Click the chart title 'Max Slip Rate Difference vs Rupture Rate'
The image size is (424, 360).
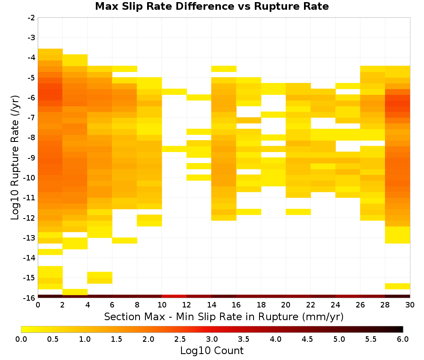pyautogui.click(x=212, y=6)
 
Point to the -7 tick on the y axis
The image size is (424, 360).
pyautogui.click(x=31, y=117)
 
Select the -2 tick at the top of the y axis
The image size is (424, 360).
pyautogui.click(x=31, y=18)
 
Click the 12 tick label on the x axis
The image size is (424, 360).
pyautogui.click(x=187, y=305)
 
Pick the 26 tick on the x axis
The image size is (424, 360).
pyautogui.click(x=360, y=305)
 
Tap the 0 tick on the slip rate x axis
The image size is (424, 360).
pyautogui.click(x=38, y=305)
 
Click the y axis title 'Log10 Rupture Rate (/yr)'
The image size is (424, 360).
pyautogui.click(x=15, y=158)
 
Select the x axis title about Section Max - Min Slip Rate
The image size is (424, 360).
pyautogui.click(x=224, y=316)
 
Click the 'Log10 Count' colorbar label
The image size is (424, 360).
pyautogui.click(x=212, y=351)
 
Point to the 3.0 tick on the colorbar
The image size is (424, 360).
pyautogui.click(x=212, y=339)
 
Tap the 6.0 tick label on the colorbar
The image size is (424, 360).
pyautogui.click(x=403, y=339)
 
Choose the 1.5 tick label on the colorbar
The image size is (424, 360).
pyautogui.click(x=117, y=339)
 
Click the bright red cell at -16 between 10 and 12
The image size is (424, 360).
pyautogui.click(x=174, y=296)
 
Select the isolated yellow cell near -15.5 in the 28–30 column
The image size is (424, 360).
pyautogui.click(x=398, y=286)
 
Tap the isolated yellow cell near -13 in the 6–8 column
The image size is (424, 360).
pyautogui.click(x=125, y=241)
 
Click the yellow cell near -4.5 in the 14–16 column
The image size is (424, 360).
pyautogui.click(x=224, y=69)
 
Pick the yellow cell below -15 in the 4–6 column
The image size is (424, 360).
pyautogui.click(x=100, y=278)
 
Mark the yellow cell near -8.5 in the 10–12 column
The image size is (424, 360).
pyautogui.click(x=174, y=149)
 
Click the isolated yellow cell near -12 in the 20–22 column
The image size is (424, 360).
pyautogui.click(x=298, y=212)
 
